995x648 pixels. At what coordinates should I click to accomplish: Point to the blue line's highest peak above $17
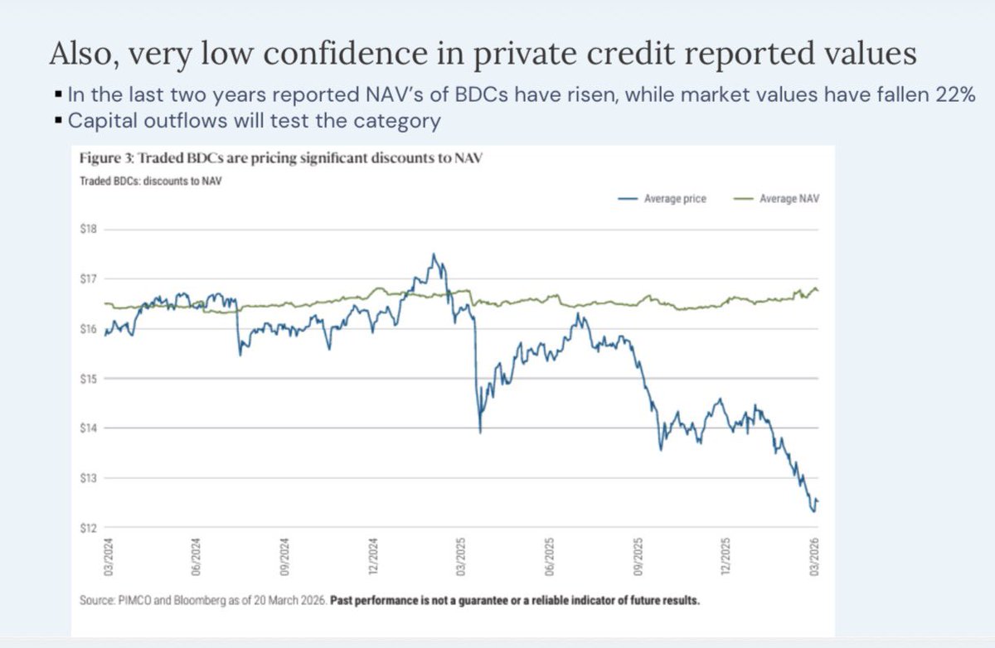(434, 254)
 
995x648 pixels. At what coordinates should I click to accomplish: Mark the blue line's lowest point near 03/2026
(813, 511)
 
